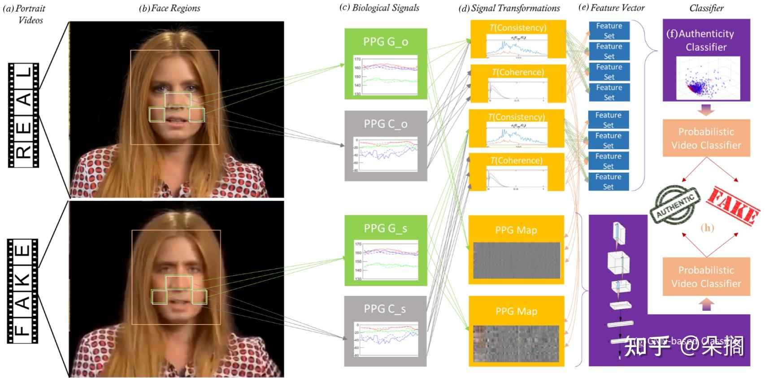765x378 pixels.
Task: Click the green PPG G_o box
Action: tap(385, 64)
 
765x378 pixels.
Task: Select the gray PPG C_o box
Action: tap(385, 146)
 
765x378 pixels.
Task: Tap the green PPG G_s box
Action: tap(385, 250)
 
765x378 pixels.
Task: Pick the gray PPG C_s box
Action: tap(385, 331)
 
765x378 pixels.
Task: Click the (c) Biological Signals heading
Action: tap(380, 8)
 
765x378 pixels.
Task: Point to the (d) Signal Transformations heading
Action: tap(509, 8)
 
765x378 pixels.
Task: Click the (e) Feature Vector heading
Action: tap(612, 8)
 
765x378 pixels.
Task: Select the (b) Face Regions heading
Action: tap(170, 8)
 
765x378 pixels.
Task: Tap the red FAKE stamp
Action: tap(733, 204)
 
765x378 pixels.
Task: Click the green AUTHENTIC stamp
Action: tap(675, 204)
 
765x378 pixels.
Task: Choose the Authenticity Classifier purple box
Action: tap(706, 60)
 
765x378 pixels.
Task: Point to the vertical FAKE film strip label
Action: tap(23, 291)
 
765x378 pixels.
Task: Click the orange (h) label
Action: tap(707, 228)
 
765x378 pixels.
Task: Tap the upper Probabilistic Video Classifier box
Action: tap(706, 138)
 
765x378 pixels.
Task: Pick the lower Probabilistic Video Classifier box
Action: tap(706, 277)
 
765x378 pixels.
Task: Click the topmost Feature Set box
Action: tap(609, 30)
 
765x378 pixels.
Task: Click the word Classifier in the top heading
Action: tap(706, 8)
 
